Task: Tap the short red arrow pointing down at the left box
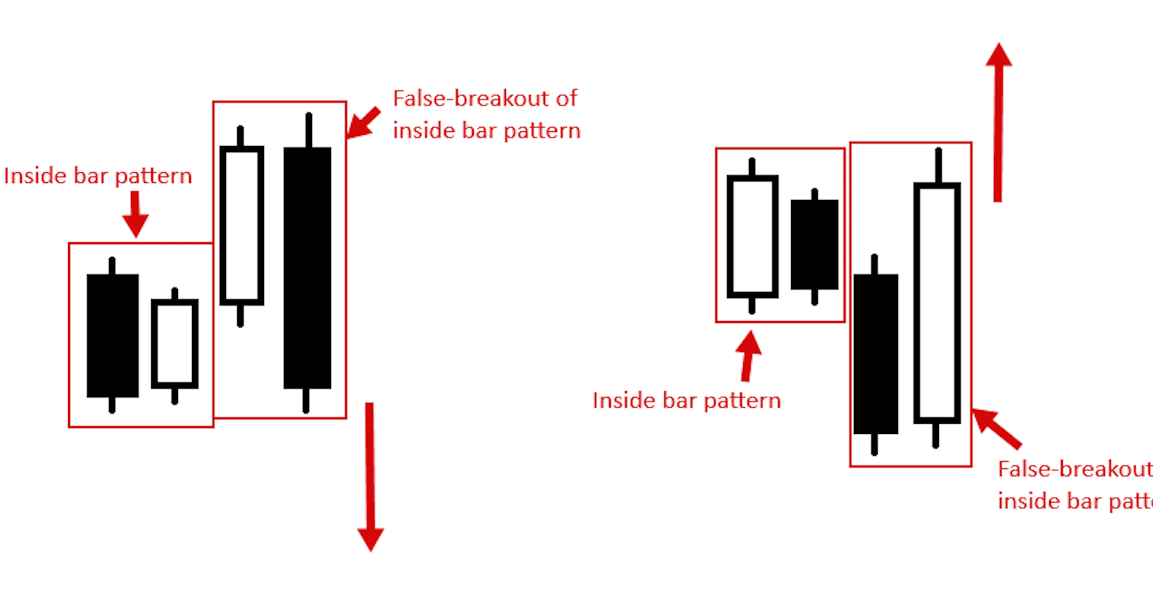[x=135, y=214]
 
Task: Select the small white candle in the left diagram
[x=175, y=344]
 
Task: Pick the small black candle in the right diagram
[x=814, y=245]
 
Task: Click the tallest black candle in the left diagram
[x=307, y=268]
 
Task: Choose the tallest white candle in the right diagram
[x=937, y=303]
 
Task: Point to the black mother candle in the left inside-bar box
[x=112, y=336]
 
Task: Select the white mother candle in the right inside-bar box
[x=752, y=237]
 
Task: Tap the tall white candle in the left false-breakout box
[x=242, y=226]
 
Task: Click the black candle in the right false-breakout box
[x=875, y=354]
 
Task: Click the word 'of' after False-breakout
[x=566, y=99]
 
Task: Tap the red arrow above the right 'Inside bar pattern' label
[x=748, y=356]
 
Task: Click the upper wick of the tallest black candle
[x=308, y=130]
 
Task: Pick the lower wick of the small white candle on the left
[x=174, y=396]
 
